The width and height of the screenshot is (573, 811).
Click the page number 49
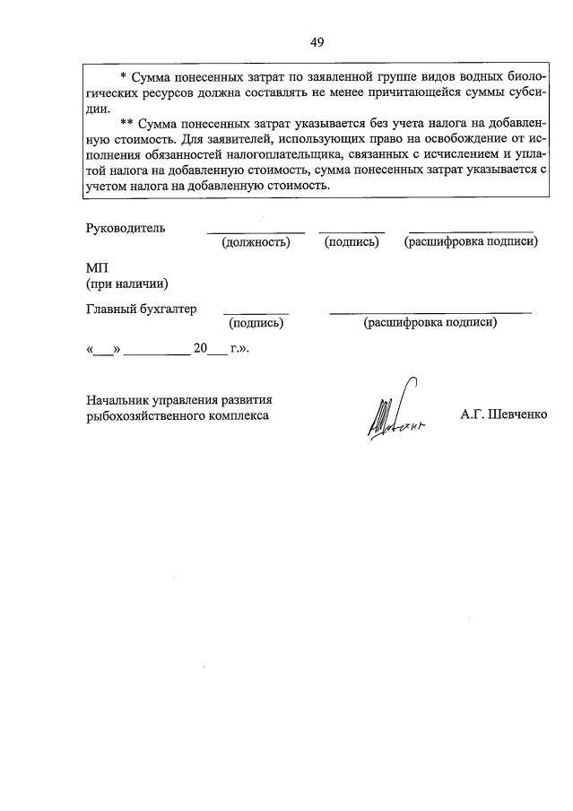point(317,41)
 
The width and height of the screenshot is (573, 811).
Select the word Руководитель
point(126,227)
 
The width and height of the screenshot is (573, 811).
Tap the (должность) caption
point(256,242)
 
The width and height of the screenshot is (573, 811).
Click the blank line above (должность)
point(256,232)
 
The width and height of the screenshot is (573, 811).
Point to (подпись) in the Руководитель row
point(352,242)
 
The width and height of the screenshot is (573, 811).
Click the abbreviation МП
point(96,268)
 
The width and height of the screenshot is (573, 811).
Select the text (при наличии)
point(127,284)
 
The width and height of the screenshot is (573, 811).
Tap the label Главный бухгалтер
point(141,310)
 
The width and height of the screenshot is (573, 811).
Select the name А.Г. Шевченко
point(503,416)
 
